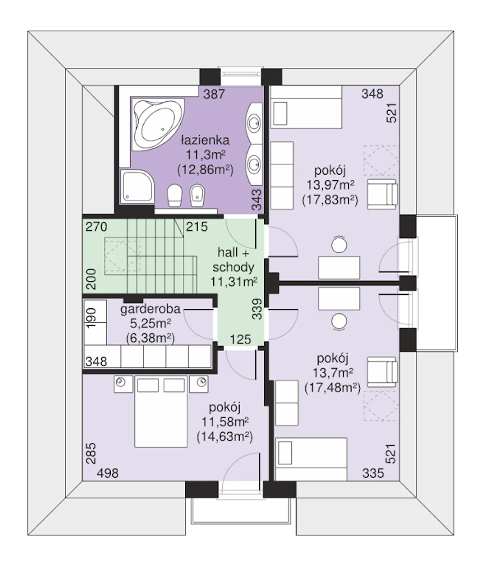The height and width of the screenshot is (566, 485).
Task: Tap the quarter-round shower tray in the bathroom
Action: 137,186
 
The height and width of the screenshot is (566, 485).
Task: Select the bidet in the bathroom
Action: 197,195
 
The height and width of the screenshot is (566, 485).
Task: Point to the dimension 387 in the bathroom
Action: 214,94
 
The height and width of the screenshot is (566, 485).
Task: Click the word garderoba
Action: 150,309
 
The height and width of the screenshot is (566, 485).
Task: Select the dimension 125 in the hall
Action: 241,339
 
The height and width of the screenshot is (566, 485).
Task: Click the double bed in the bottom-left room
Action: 161,411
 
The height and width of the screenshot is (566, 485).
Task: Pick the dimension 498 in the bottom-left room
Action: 108,473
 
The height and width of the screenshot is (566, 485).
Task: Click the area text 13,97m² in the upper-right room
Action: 330,185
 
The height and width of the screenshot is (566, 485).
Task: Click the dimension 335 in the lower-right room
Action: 373,473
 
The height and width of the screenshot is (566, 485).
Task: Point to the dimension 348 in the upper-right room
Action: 372,94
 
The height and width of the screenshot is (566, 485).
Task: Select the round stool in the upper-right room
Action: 339,245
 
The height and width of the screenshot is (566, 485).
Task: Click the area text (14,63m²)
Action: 225,437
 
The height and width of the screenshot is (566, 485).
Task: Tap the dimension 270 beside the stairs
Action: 96,227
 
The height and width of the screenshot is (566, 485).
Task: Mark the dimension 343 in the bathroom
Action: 257,200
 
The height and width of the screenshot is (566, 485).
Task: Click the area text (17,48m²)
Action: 332,388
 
